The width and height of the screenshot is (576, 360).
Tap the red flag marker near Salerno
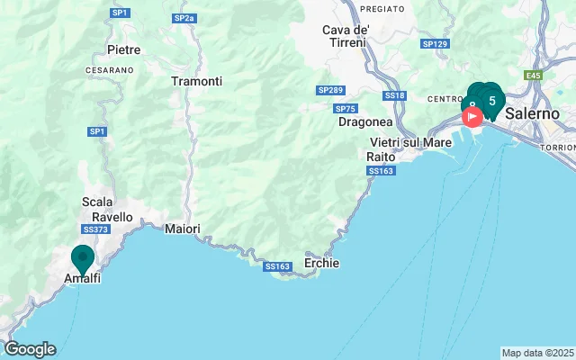coord(472,118)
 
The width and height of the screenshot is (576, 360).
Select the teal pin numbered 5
coord(491,100)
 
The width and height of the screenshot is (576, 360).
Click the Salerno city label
coord(532,114)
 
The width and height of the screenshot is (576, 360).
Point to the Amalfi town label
coord(82,279)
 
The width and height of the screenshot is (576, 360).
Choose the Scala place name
coord(97,202)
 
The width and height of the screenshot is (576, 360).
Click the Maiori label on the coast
coord(183,229)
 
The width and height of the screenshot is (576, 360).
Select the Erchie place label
coord(321,264)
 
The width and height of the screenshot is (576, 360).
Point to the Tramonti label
coord(196,81)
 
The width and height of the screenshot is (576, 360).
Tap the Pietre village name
coord(123,49)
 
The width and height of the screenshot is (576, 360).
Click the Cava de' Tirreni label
coord(346,37)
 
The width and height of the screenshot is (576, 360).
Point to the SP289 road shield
coord(330,90)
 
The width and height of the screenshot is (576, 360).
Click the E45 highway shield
coord(535,76)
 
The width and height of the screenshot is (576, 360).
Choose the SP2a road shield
coord(184,18)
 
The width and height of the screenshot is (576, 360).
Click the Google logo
coord(30,349)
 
